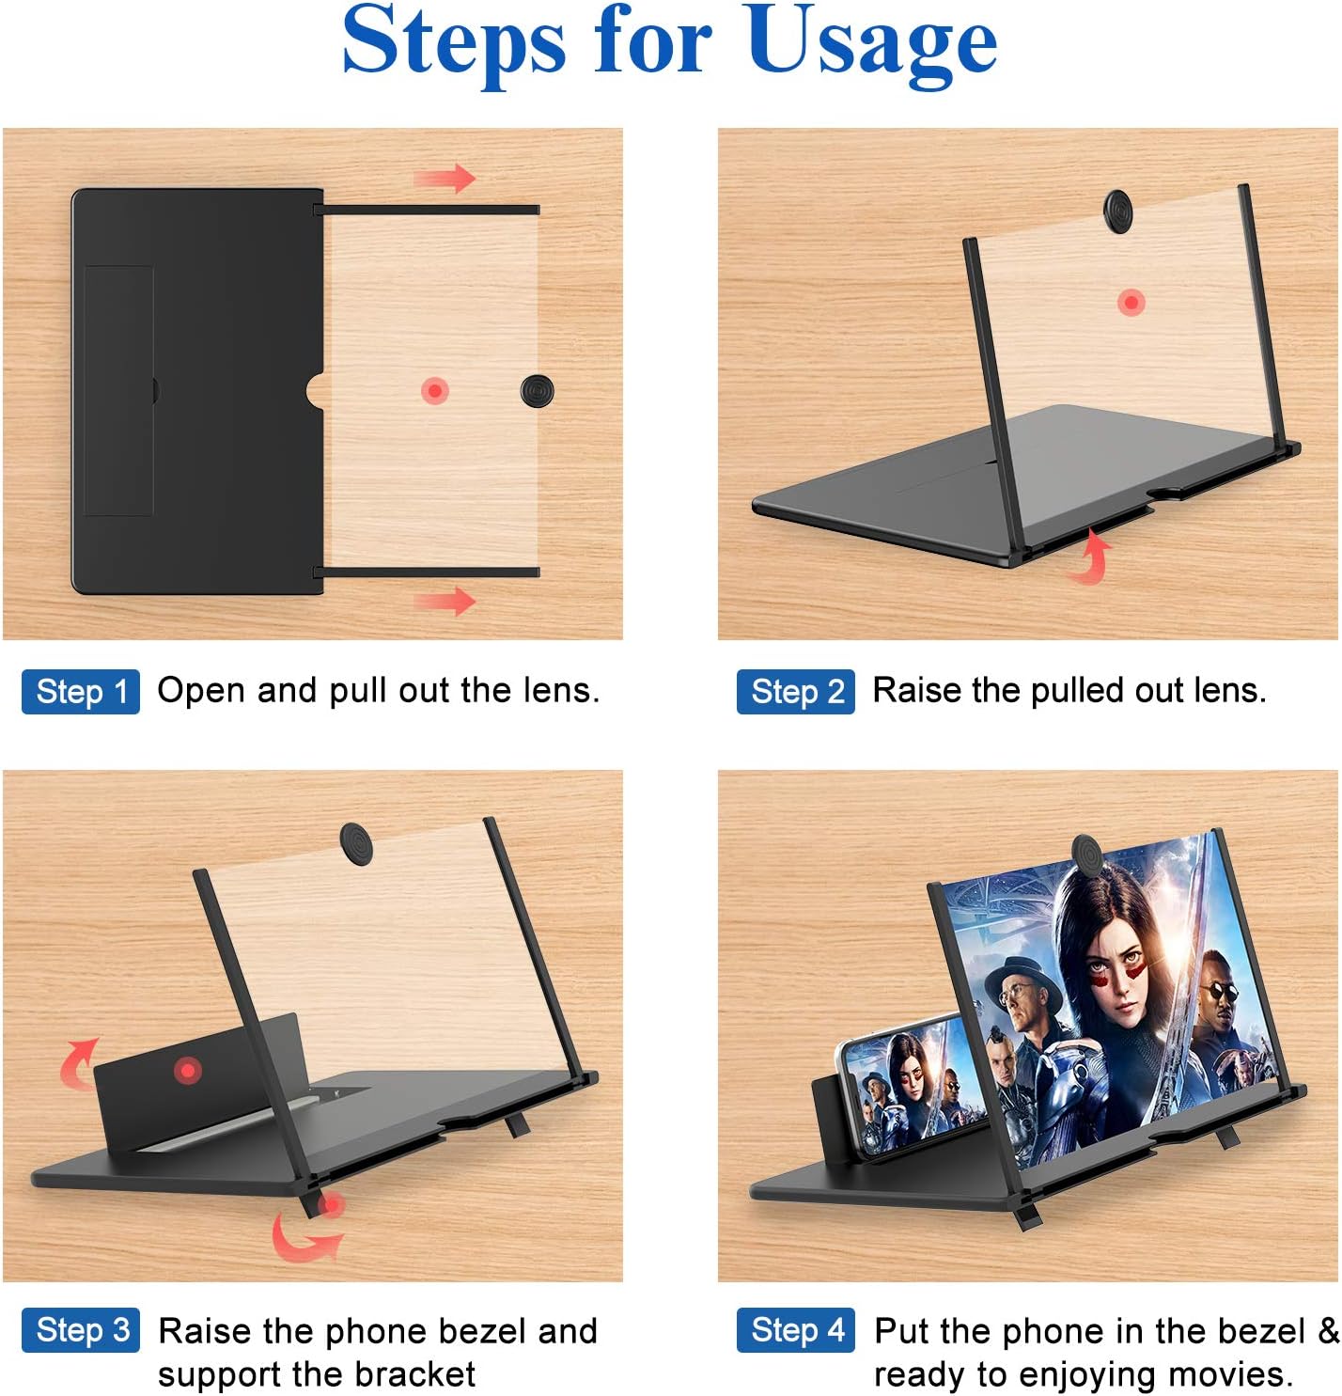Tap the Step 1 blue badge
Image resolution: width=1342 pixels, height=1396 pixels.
point(81,692)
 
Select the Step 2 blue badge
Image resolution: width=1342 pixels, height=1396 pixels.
point(796,692)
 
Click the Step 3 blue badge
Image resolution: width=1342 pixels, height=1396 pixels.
point(81,1330)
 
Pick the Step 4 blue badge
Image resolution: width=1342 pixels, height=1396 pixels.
point(796,1330)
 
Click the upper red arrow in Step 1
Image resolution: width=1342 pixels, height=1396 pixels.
point(445,178)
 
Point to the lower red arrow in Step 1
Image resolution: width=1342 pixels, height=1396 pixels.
point(445,600)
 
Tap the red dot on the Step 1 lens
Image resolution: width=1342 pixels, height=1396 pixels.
point(434,390)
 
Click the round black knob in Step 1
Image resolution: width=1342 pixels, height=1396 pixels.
point(538,390)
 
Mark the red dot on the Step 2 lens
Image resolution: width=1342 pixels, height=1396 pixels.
point(1131,303)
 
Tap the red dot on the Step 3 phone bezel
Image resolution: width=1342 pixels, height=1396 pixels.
point(188,1070)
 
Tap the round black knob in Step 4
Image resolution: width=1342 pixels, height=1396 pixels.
point(1088,855)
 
